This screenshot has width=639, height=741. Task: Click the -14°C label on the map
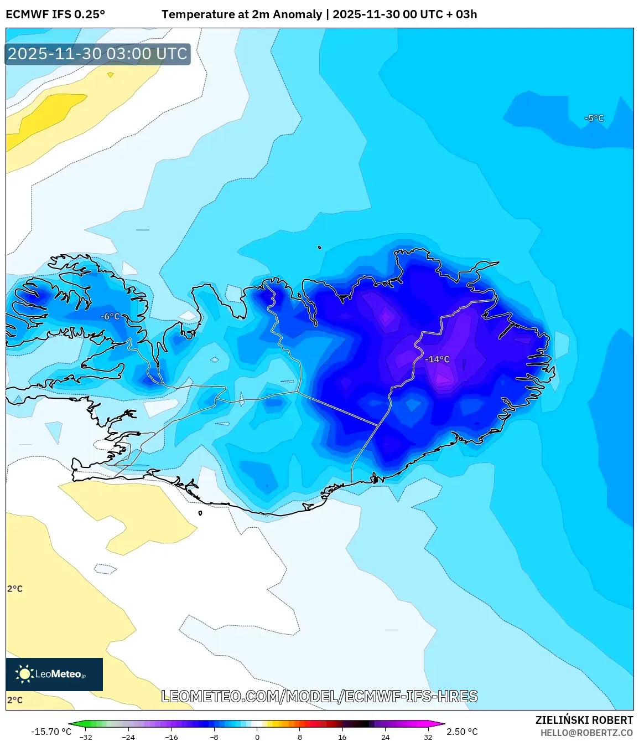pos(437,359)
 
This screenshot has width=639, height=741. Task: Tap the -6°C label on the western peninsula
pos(110,316)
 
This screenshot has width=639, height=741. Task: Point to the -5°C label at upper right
pos(594,118)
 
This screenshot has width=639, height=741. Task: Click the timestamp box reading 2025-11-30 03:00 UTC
pos(98,54)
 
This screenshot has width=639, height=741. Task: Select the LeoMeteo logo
pos(54,674)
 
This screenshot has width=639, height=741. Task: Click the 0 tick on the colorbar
pos(257,737)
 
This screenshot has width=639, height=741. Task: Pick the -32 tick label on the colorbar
pos(86,737)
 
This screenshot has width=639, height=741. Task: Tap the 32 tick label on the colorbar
pos(428,737)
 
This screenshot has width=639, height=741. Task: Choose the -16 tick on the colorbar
pos(172,737)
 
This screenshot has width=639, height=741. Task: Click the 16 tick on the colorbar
pos(342,737)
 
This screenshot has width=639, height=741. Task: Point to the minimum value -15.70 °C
pos(51,732)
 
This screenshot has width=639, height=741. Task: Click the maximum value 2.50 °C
pos(462,732)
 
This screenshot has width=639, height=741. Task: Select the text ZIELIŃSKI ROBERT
pos(584,720)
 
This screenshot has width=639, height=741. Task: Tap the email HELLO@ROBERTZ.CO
pos(586,733)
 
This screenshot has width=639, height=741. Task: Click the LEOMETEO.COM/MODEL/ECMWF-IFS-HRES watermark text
pos(319,696)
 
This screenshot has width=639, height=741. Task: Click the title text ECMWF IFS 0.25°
pos(55,14)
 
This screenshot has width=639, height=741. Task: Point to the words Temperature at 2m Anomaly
pos(242,14)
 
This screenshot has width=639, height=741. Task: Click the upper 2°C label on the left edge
pos(15,589)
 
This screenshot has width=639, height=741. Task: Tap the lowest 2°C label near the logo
pos(15,700)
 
